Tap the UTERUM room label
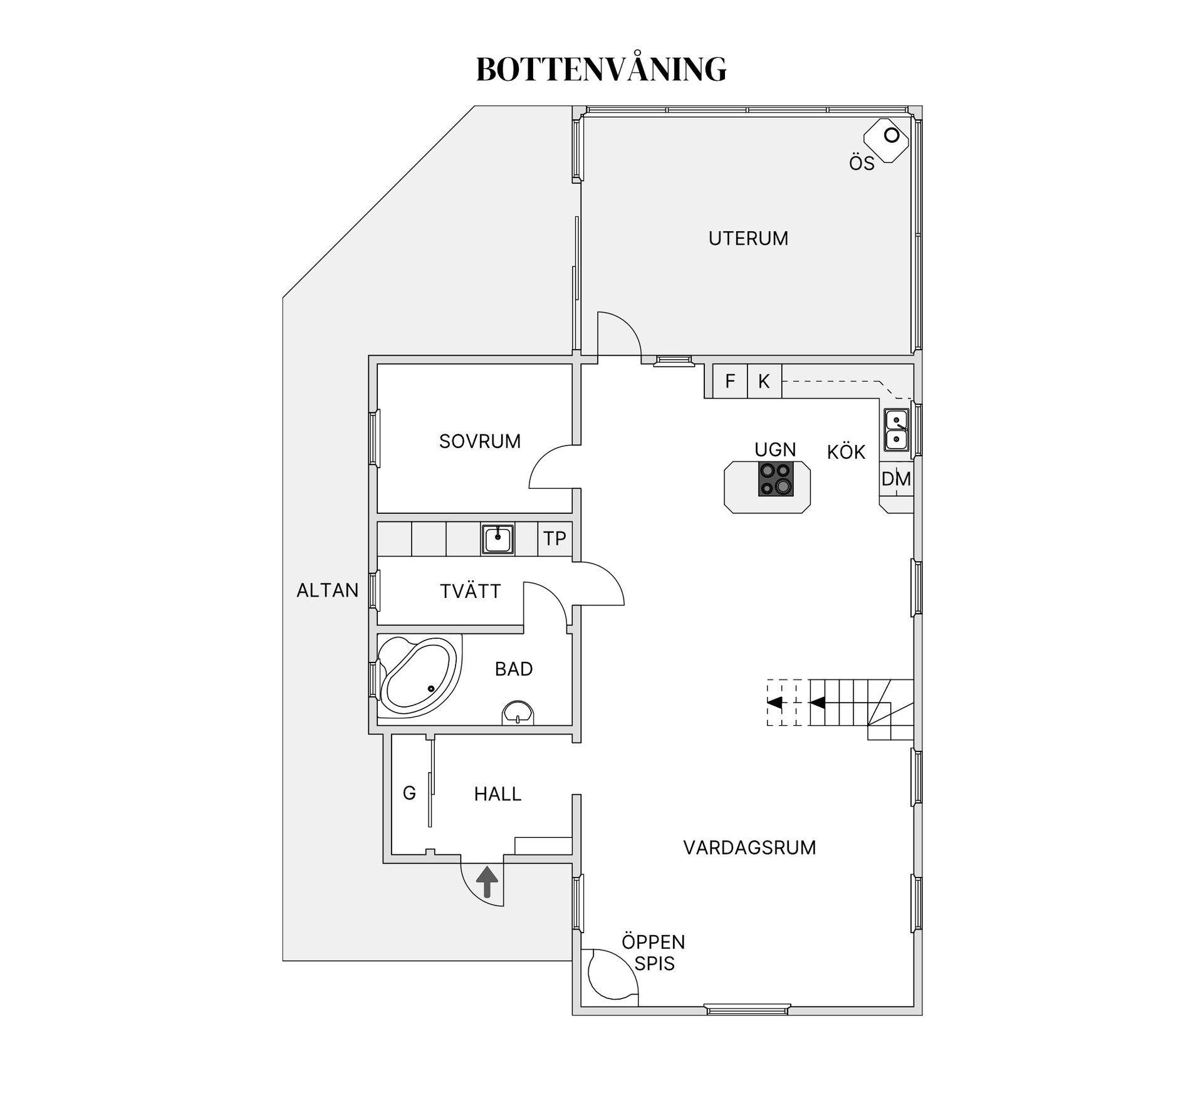748,239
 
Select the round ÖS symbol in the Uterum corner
891,135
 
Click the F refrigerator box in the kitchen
730,381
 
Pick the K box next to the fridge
764,381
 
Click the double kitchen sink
897,430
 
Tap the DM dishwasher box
896,479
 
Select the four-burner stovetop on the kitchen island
776,479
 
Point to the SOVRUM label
480,442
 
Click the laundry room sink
498,539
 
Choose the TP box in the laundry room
555,538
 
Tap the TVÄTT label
471,591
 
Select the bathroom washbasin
518,713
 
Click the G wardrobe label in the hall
409,793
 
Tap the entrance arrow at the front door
487,882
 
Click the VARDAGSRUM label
749,848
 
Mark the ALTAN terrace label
328,590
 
